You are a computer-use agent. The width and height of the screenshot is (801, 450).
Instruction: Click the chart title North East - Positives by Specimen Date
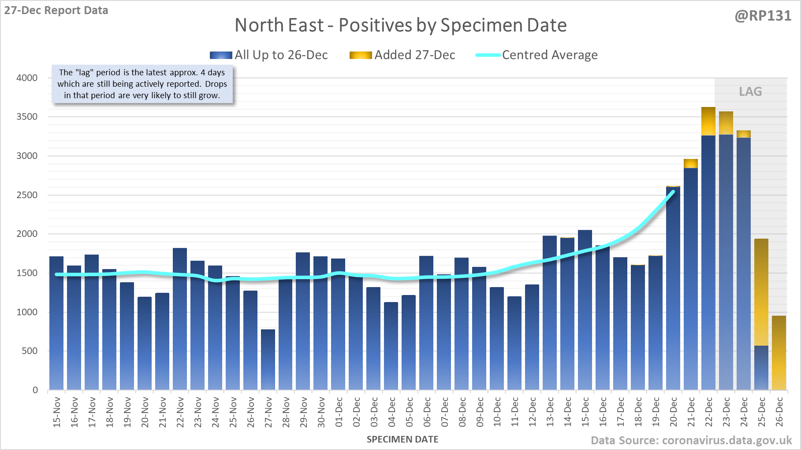(400, 25)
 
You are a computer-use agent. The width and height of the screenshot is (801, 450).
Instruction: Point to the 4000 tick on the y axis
(27, 78)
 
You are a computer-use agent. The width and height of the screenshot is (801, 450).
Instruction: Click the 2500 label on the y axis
(27, 195)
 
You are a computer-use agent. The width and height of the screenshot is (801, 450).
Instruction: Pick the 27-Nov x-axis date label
(268, 412)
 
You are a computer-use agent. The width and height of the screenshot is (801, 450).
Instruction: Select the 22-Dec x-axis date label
(709, 412)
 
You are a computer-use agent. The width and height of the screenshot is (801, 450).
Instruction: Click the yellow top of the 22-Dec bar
(708, 121)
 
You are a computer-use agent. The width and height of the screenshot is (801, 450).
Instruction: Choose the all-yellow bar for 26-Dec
(779, 353)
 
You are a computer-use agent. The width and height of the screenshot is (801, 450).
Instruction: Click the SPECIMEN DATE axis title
(402, 439)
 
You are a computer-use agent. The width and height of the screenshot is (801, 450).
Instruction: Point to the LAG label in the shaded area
(750, 92)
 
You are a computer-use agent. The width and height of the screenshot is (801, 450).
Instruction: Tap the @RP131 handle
(763, 16)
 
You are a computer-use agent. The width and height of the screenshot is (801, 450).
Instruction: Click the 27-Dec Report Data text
(56, 11)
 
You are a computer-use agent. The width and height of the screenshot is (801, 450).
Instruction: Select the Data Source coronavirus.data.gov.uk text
(691, 440)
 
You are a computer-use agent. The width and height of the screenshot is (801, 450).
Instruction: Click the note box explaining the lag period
(142, 84)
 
